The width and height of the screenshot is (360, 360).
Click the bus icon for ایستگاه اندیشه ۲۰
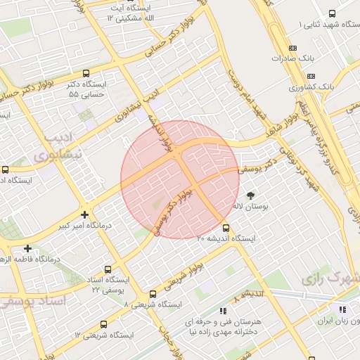[226, 228]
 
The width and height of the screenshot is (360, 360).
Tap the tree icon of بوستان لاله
[251, 195]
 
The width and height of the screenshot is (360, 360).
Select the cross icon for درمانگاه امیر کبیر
[85, 214]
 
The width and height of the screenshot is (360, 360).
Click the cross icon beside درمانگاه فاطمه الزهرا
[27, 248]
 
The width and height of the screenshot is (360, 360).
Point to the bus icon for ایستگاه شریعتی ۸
[153, 294]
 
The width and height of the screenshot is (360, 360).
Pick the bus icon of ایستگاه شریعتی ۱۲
[104, 324]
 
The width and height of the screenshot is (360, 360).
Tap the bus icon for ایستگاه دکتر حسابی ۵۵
[86, 73]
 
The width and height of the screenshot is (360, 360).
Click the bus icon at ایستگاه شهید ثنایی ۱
[333, 13]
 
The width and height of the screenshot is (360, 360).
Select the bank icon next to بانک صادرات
[311, 59]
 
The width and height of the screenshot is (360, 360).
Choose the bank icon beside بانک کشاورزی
[311, 76]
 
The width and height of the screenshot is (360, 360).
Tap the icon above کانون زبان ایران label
[342, 309]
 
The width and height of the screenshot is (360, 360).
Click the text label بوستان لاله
[250, 207]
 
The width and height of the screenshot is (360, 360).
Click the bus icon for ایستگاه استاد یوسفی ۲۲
[108, 269]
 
